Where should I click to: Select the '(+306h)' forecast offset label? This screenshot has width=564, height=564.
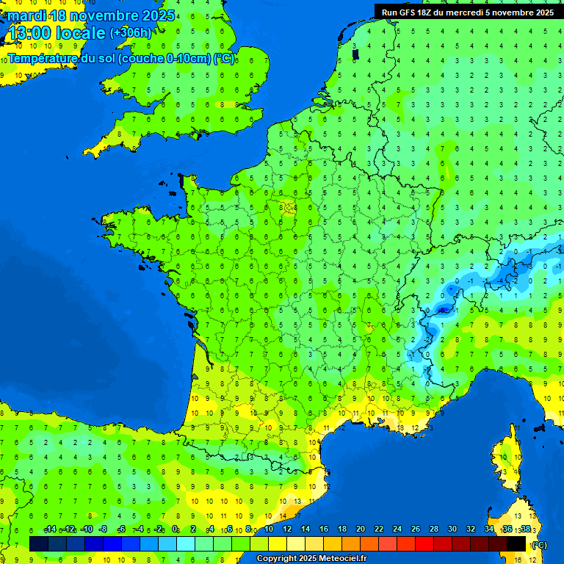pyautogui.click(x=131, y=33)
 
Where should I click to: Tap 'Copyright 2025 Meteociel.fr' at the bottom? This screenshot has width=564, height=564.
pyautogui.click(x=311, y=559)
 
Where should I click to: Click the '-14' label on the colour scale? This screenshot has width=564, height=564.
pyautogui.click(x=50, y=529)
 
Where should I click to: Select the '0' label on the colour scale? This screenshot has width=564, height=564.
pyautogui.click(x=175, y=529)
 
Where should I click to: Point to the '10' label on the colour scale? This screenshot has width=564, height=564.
pyautogui.click(x=269, y=529)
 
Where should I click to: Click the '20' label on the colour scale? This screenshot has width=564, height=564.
pyautogui.click(x=360, y=529)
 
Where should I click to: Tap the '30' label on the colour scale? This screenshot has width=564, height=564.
pyautogui.click(x=452, y=529)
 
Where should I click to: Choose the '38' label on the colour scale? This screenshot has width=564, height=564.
pyautogui.click(x=525, y=529)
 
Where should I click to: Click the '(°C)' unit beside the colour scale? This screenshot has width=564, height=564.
pyautogui.click(x=540, y=545)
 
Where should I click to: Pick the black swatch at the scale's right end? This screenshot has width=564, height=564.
pyautogui.click(x=516, y=543)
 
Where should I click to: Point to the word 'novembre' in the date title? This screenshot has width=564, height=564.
pyautogui.click(x=104, y=15)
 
